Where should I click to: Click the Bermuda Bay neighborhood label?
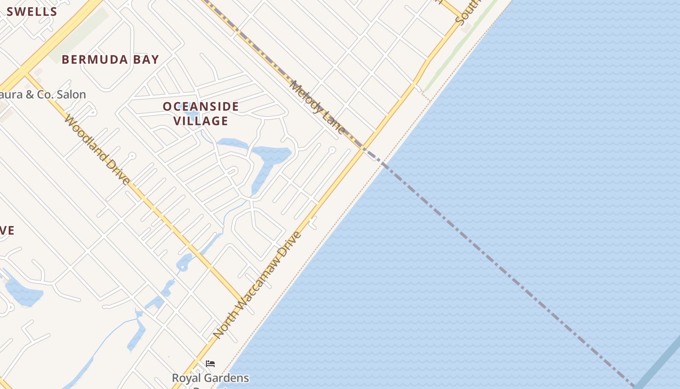(110, 60)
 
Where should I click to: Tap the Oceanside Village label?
(201, 113)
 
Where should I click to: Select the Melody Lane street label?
(317, 106)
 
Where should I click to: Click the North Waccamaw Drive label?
(257, 285)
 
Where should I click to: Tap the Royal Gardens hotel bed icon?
(210, 364)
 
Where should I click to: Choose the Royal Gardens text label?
(210, 378)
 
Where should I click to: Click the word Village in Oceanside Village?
(201, 121)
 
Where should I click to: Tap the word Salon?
(71, 94)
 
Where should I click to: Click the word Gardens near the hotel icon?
(228, 378)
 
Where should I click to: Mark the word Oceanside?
(201, 106)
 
